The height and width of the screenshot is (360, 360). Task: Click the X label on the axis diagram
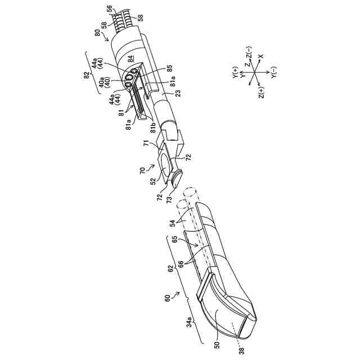pos(260,57)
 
